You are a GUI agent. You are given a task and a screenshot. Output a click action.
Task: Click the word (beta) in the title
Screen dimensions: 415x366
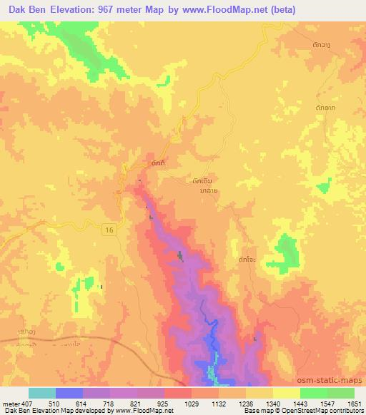click(x=280, y=11)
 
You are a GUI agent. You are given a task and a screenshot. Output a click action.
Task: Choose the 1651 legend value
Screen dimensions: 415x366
click(x=354, y=404)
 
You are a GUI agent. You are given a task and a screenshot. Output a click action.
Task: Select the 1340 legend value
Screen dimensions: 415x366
click(x=272, y=404)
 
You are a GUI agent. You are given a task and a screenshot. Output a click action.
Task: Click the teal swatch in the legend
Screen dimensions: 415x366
click(x=42, y=393)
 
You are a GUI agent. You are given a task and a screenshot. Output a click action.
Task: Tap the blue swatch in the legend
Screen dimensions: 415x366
click(x=69, y=393)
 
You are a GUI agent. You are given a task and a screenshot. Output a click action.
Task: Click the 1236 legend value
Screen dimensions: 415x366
click(x=245, y=404)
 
